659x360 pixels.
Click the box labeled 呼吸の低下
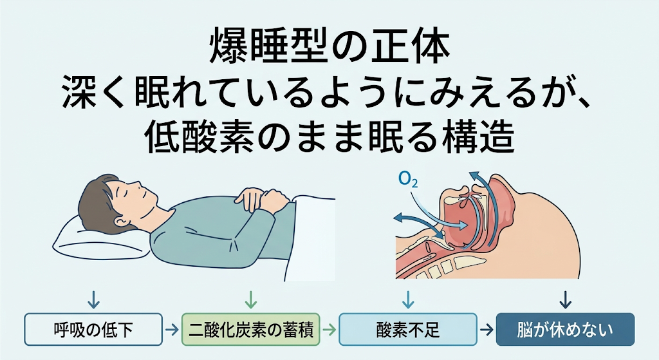coord(93,329)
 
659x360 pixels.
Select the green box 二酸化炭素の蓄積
coord(251,329)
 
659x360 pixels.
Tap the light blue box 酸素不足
coord(408,329)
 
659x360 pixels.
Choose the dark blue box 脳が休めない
coord(565,329)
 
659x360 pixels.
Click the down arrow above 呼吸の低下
coord(93,299)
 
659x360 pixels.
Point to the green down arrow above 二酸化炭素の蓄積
coord(251,299)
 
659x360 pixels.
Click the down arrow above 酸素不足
coord(408,299)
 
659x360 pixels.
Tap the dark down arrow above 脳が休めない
coord(566,299)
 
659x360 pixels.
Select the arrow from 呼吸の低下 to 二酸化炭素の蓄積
coord(172,330)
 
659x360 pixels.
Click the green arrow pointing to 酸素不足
coord(329,330)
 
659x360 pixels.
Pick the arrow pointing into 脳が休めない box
coord(487,330)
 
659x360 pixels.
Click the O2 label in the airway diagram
coord(408,180)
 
